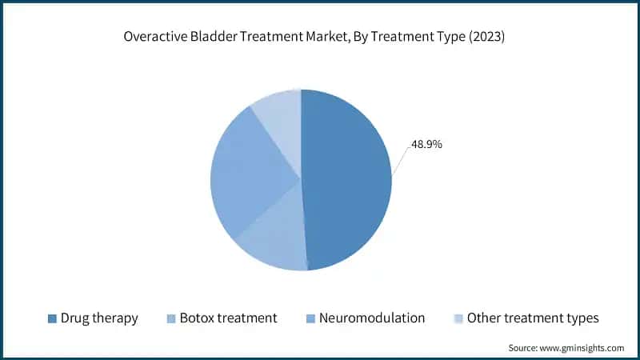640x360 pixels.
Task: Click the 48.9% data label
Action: [x=427, y=145]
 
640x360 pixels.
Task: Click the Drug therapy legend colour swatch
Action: [x=53, y=318]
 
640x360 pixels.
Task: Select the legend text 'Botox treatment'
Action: [x=229, y=318]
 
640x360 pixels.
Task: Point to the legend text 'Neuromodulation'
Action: [x=372, y=318]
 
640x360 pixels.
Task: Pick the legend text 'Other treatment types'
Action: [x=533, y=318]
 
